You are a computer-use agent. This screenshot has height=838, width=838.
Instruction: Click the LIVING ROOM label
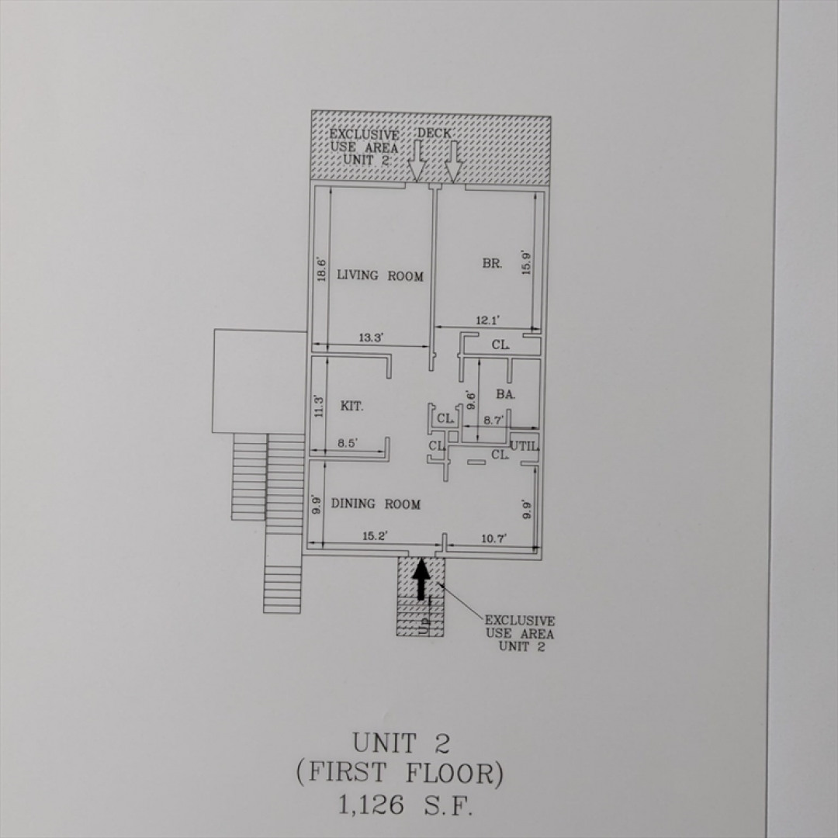pos(380,275)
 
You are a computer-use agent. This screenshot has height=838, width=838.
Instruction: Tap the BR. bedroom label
pos(492,263)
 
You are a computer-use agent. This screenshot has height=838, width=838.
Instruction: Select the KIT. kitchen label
pos(351,406)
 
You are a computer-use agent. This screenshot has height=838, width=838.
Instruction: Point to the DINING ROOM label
pos(376,504)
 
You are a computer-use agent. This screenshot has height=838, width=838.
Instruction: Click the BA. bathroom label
pos(506,394)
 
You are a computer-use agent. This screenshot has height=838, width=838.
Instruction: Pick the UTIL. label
pos(525,445)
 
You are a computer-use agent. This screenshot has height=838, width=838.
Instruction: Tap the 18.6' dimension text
pos(321,269)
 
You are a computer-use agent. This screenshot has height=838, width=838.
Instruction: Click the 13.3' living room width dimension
pos(372,338)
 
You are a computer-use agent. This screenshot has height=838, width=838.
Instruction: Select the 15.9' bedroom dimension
pos(526,263)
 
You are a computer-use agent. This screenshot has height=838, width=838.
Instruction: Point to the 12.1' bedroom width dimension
pos(487,320)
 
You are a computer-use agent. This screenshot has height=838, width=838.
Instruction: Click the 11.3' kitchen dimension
pos(319,406)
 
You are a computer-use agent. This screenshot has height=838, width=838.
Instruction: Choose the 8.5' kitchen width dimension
pos(348,443)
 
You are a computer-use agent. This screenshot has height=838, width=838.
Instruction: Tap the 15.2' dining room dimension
pos(374,535)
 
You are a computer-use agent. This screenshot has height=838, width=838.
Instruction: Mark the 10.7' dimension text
pos(493,538)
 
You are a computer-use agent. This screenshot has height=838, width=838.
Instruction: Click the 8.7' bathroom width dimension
pos(493,420)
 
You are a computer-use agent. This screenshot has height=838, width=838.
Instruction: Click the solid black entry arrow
pos(421,578)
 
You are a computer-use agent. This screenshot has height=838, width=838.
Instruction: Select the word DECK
pos(434,133)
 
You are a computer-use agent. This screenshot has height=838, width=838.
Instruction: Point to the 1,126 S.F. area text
pos(405,805)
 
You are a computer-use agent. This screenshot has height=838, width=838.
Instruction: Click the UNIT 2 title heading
pos(401,743)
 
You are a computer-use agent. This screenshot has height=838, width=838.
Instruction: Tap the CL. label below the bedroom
pos(500,345)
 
